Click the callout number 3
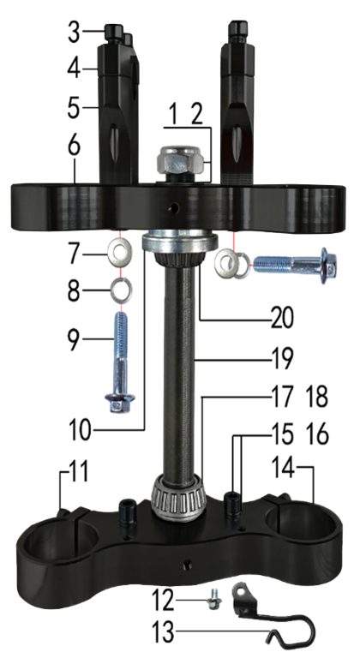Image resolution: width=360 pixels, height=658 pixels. (x=74, y=33)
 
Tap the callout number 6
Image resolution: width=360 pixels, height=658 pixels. (x=74, y=147)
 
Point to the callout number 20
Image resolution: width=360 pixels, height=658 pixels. (x=282, y=318)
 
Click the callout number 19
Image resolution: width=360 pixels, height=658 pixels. (x=281, y=359)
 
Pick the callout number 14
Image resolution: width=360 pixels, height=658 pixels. (x=283, y=468)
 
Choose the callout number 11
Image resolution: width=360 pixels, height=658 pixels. (x=79, y=471)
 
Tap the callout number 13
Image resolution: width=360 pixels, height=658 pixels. (x=163, y=632)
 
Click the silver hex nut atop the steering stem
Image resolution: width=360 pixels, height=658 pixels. (x=182, y=162)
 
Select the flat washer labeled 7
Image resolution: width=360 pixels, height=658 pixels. (x=120, y=251)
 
